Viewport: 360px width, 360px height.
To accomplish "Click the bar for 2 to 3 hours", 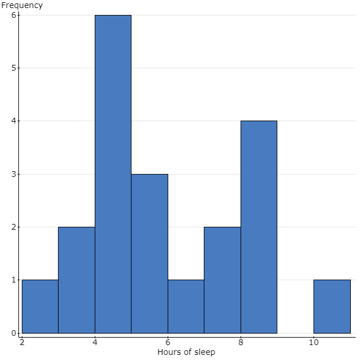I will click(40, 307).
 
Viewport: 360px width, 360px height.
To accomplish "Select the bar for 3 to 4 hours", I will click(76, 280).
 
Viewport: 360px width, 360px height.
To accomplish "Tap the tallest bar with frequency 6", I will click(113, 174).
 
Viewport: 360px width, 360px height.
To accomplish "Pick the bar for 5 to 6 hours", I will click(149, 253).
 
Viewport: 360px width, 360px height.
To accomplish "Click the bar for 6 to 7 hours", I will click(185, 307).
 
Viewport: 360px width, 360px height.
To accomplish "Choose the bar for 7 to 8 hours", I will click(222, 280).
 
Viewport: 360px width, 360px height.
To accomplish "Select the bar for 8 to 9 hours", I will click(258, 227).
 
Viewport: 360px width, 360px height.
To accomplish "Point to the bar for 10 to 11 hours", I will click(332, 307).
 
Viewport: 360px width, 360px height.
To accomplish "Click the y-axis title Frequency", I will click(22, 5).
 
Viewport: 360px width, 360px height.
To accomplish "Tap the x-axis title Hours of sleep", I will click(186, 352).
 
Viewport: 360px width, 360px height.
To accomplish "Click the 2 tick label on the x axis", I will click(22, 342).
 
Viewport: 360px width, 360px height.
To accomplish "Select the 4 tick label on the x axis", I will click(95, 342).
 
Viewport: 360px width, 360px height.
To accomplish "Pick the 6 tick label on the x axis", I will click(168, 342).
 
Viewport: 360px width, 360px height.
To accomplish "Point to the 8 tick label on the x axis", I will click(241, 342).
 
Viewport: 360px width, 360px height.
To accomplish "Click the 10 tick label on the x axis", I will click(313, 342).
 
